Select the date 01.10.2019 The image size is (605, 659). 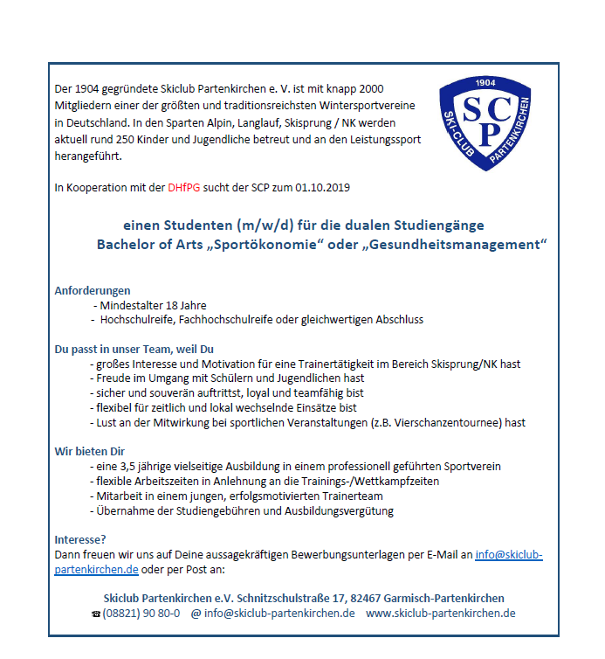point(323,188)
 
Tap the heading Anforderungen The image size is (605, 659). point(93,289)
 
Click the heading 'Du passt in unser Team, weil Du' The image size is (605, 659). point(134,349)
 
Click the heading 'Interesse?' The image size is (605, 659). point(80,540)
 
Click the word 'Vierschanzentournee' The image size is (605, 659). point(456,422)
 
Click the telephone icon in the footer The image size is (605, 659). point(96,614)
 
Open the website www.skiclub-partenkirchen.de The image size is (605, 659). point(441,613)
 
